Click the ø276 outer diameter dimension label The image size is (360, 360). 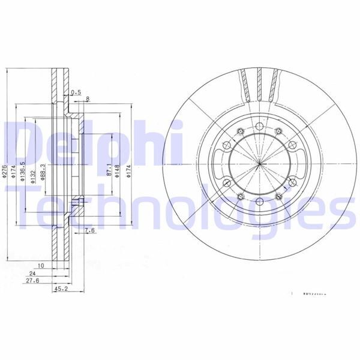coord(5,172)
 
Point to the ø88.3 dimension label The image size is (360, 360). coord(42,173)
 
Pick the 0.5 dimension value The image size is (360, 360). coord(76,92)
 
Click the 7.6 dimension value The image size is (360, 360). coord(89,230)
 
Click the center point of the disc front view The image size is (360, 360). coord(260,164)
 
